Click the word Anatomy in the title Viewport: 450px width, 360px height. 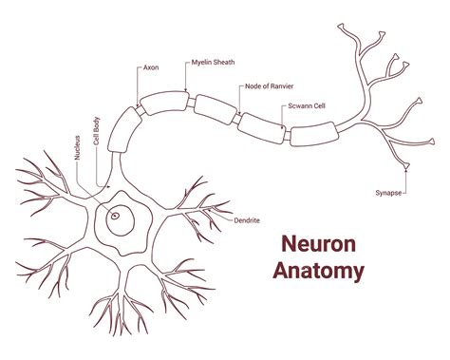318,271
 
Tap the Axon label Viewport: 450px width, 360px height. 150,67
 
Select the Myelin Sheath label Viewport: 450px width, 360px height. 212,62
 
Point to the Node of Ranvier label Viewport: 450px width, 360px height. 268,86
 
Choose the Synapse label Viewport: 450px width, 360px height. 388,192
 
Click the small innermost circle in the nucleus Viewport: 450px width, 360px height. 116,216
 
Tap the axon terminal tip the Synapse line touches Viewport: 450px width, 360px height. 406,169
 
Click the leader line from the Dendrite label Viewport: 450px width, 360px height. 227,218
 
